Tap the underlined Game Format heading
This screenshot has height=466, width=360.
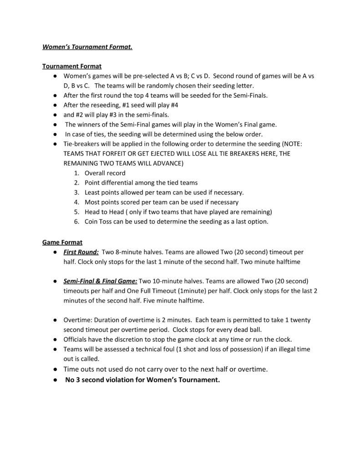click(62, 242)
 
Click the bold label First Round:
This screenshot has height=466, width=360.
click(81, 252)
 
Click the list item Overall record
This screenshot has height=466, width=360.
click(105, 173)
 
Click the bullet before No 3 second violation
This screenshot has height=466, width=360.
click(55, 380)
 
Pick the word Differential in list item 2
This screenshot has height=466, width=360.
click(119, 183)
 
